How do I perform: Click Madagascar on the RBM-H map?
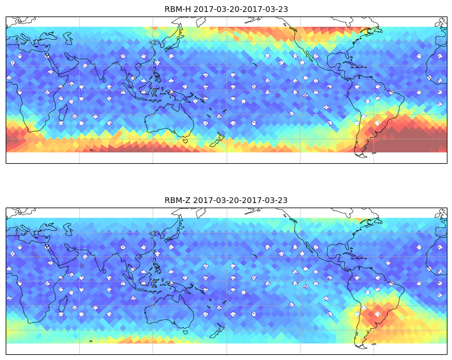point(63,113)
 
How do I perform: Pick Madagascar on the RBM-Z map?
point(63,304)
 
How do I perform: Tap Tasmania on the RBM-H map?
point(186,141)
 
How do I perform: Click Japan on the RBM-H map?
point(173,40)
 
